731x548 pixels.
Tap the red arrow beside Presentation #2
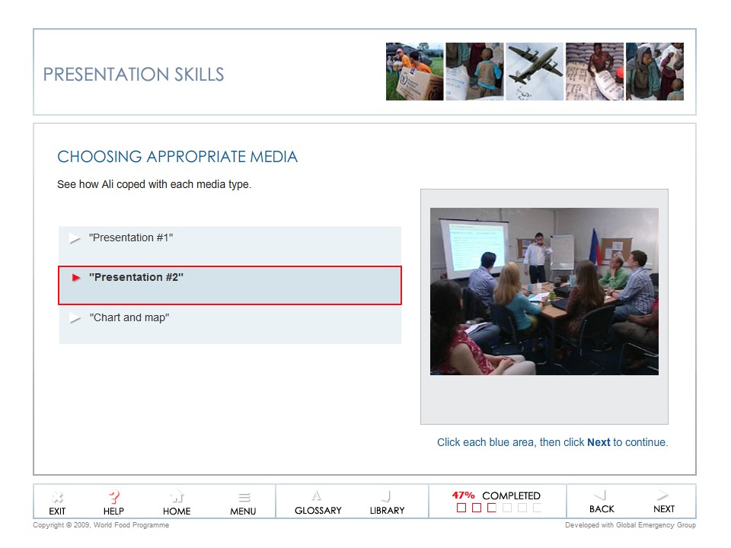[75, 278]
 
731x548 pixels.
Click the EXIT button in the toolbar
[57, 503]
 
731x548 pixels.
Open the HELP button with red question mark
[113, 503]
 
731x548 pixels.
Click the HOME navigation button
[177, 503]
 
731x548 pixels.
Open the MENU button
[243, 503]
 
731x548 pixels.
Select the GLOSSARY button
[318, 503]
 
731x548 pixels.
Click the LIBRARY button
[387, 503]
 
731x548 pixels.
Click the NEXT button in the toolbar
[663, 502]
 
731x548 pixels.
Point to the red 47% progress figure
[463, 495]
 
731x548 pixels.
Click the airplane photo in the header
[535, 72]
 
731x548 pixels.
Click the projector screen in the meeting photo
[474, 248]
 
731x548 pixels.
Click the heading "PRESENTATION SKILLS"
[133, 75]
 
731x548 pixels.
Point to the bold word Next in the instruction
[599, 442]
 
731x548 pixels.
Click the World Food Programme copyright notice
[101, 525]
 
